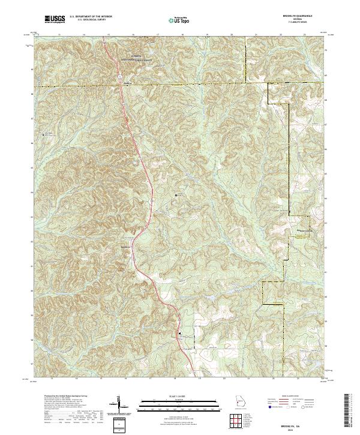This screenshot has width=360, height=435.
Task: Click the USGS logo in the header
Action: pos(55,20)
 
